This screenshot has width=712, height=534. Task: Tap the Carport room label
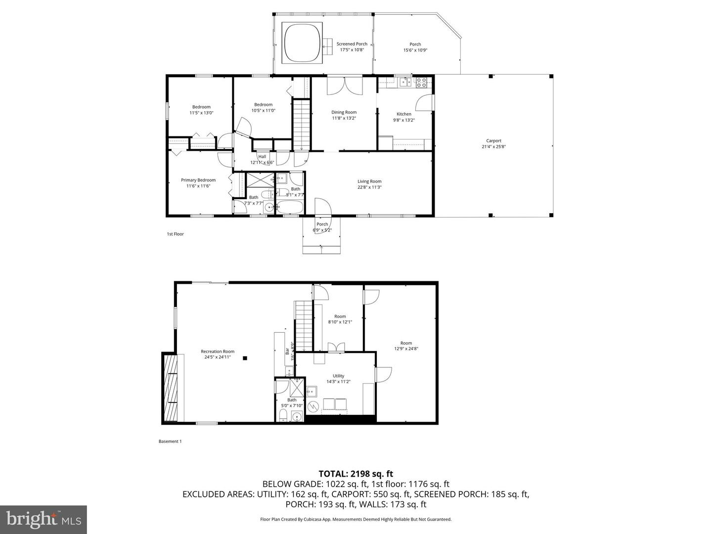(493, 141)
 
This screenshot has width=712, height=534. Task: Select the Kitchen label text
(404, 114)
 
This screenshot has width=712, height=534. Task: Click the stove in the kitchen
(421, 82)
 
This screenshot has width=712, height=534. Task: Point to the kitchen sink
(405, 82)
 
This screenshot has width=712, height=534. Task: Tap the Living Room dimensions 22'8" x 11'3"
(369, 187)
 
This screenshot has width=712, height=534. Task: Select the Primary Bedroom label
(198, 180)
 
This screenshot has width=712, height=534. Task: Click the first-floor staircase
(301, 124)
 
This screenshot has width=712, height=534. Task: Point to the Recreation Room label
(218, 352)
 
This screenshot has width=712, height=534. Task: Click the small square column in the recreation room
(244, 358)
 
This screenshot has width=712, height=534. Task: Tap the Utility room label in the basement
(338, 376)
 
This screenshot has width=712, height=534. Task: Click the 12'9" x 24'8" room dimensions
(406, 349)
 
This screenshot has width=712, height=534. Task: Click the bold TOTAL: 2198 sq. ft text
(356, 474)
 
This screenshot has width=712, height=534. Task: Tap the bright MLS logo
(44, 519)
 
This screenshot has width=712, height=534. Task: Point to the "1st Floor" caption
(175, 234)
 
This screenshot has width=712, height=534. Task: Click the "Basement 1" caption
(170, 442)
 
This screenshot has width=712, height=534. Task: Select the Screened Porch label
(352, 44)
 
